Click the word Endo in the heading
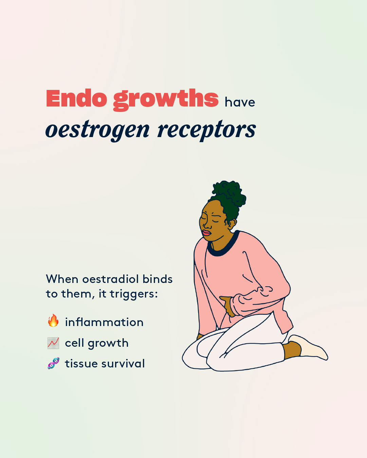point(76,98)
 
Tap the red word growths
point(166,100)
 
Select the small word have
point(240,102)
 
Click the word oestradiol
point(111,279)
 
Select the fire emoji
point(53,320)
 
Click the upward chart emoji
point(53,343)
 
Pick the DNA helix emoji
point(53,363)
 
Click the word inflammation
point(104,322)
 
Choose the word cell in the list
point(75,343)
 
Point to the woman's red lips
point(206,233)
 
